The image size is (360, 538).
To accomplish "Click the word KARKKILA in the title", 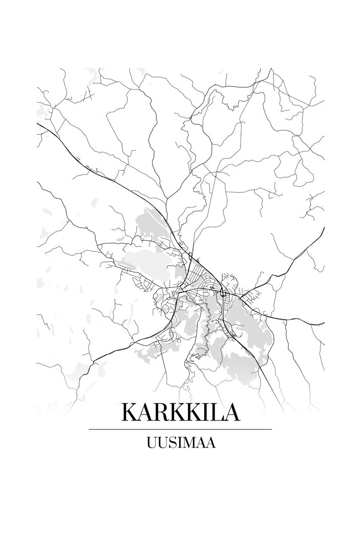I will coord(180,412).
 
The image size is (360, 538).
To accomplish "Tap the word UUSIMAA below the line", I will coord(180,443).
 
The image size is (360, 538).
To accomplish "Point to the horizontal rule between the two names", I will coord(180,429).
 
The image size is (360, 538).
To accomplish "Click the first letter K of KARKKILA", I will coord(129,412).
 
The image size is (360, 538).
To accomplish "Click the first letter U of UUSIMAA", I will coord(151,443).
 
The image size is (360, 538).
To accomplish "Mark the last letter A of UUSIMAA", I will coord(210,443).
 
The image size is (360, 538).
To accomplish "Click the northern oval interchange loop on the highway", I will coord(190,255).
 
